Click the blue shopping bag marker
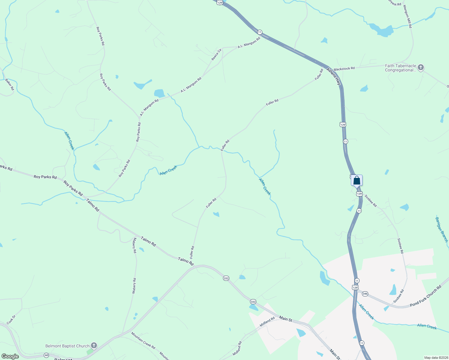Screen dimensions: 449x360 click(357, 181)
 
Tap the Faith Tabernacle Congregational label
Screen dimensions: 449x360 click(400, 68)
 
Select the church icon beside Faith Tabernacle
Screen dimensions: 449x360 click(421, 67)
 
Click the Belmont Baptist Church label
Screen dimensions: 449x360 click(68, 346)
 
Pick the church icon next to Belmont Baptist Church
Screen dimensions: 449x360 click(94, 346)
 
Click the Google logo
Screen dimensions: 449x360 click(10, 356)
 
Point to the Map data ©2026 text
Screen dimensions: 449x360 click(436, 358)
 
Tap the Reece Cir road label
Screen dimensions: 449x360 click(216, 55)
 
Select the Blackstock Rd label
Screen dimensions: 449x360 click(344, 69)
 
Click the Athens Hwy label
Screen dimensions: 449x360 click(334, 77)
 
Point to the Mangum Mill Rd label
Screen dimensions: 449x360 click(408, 16)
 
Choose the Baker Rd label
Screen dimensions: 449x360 click(10, 85)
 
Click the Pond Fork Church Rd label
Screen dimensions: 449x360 click(426, 296)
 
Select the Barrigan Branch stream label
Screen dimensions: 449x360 click(441, 229)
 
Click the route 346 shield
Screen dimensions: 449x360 click(365, 294)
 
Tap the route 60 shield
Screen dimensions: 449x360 click(46, 355)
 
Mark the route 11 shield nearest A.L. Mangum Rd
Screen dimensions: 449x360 click(260, 32)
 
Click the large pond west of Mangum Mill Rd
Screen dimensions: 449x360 click(381, 30)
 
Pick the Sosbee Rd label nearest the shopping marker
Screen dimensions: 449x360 click(371, 201)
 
